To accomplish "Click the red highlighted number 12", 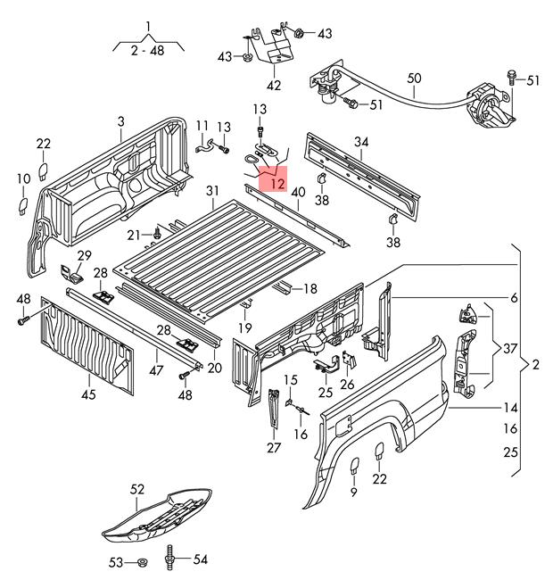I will pyautogui.click(x=276, y=184).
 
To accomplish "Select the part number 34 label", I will pyautogui.click(x=360, y=142).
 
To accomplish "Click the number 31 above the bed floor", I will pyautogui.click(x=211, y=190).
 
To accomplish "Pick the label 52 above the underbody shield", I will pyautogui.click(x=136, y=489).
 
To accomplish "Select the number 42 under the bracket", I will pyautogui.click(x=274, y=87).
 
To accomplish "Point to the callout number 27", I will pyautogui.click(x=273, y=449).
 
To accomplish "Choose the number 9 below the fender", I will pyautogui.click(x=353, y=492).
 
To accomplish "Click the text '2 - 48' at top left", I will pyautogui.click(x=149, y=52).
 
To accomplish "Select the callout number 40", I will pyautogui.click(x=298, y=192).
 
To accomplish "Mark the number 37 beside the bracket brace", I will pyautogui.click(x=509, y=347).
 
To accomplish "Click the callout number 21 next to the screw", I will pyautogui.click(x=133, y=235).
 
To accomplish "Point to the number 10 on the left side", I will pyautogui.click(x=23, y=179).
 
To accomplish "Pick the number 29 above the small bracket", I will pyautogui.click(x=84, y=256).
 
